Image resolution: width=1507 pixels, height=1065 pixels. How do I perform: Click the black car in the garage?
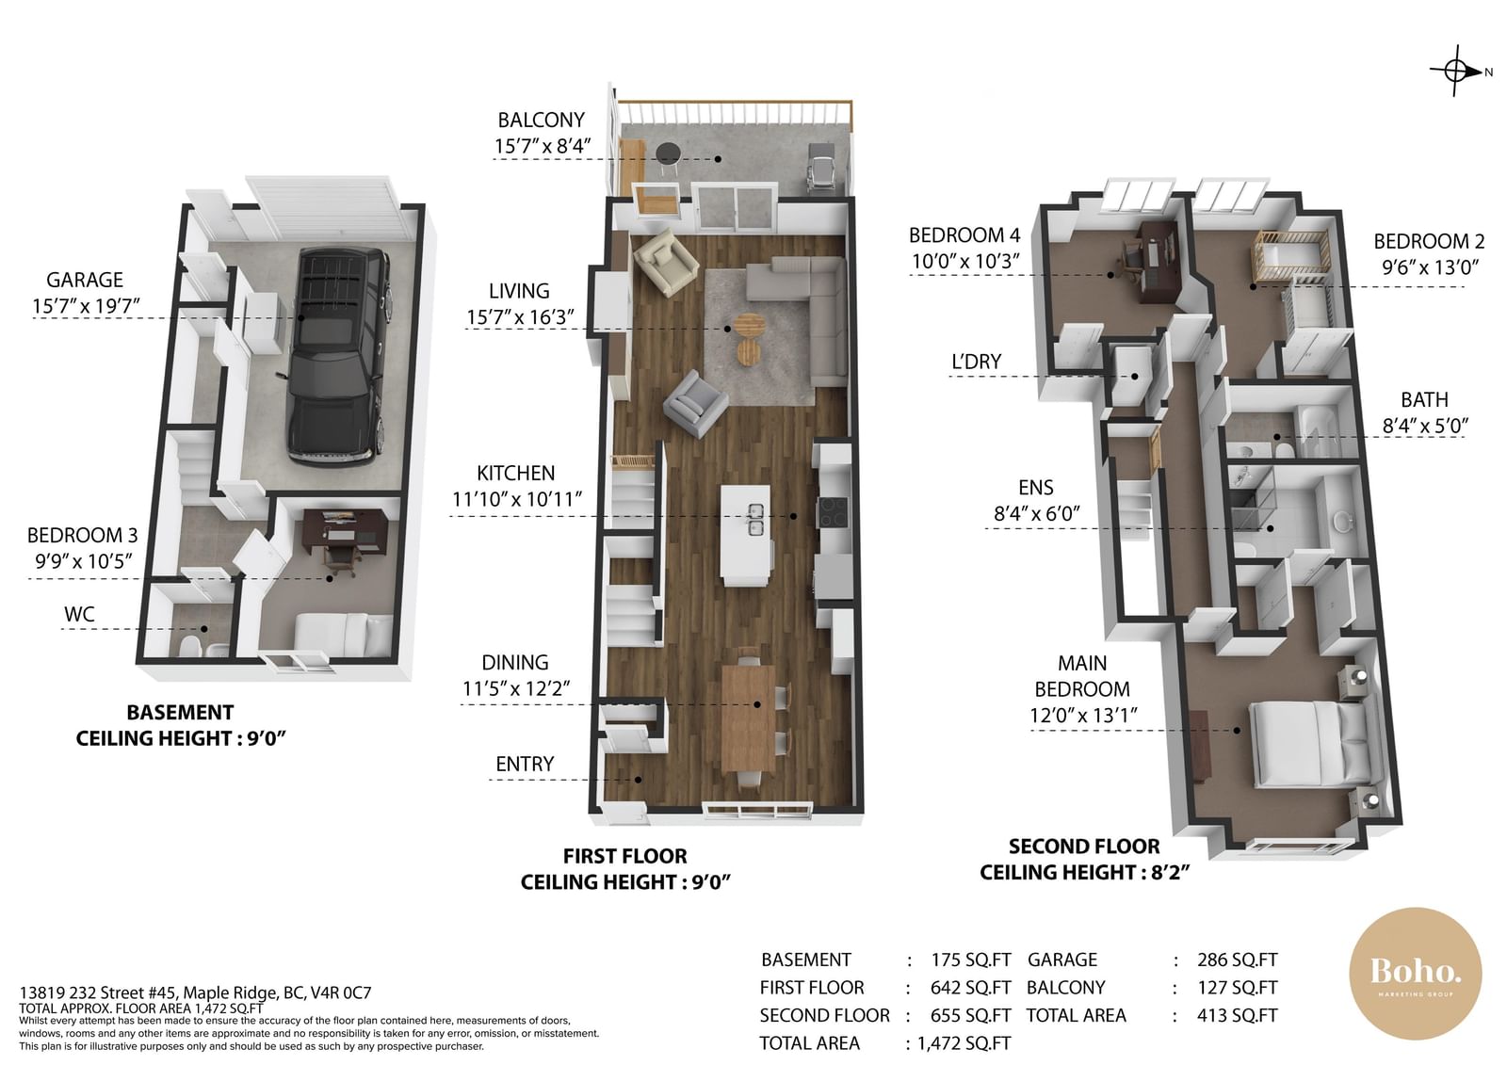click(x=338, y=356)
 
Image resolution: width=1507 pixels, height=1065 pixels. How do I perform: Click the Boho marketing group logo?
click(x=1416, y=974)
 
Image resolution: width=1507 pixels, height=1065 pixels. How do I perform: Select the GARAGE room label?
click(x=85, y=280)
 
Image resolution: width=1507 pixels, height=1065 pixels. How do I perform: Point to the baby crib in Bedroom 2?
click(x=1290, y=256)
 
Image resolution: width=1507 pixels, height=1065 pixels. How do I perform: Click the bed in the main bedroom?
click(x=1308, y=743)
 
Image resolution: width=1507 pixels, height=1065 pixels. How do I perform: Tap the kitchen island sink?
click(x=755, y=519)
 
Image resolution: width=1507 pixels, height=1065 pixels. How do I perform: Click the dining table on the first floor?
click(x=749, y=718)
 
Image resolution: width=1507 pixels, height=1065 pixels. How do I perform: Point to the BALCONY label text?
click(x=541, y=121)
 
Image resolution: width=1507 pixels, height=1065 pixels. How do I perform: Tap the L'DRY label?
click(x=976, y=362)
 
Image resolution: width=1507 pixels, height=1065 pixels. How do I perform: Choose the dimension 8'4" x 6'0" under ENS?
click(x=1037, y=514)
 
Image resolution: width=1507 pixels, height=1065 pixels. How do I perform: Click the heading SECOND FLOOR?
click(x=1084, y=847)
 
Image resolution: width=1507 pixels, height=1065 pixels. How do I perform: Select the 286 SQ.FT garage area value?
click(x=1238, y=960)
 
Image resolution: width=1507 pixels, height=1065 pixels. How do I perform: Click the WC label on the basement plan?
click(x=79, y=614)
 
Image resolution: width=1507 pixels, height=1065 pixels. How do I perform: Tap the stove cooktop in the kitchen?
click(x=834, y=511)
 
